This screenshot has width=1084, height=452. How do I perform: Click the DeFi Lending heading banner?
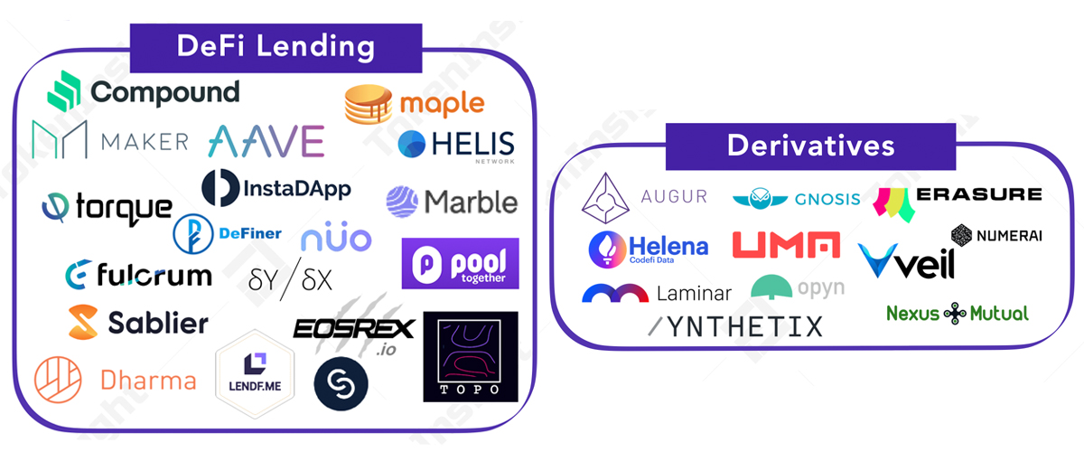(x=276, y=47)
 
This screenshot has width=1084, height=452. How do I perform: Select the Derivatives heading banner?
(x=810, y=146)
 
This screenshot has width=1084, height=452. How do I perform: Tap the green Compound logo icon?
(x=66, y=91)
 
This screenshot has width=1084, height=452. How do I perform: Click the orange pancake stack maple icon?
(x=369, y=105)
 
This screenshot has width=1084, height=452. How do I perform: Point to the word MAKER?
(x=145, y=141)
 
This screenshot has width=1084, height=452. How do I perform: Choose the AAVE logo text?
(x=266, y=141)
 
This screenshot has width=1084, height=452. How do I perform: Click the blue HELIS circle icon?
(x=411, y=144)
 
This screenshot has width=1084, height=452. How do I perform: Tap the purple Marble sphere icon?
(x=401, y=201)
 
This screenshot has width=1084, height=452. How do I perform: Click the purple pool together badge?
(x=461, y=263)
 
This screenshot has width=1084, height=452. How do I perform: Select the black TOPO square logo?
(x=470, y=356)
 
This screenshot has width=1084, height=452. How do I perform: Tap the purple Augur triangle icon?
(x=604, y=198)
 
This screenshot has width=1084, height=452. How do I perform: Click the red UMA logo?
(x=786, y=245)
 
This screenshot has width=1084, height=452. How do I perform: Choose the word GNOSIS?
(x=827, y=199)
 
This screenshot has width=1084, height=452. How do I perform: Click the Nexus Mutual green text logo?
(x=958, y=314)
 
